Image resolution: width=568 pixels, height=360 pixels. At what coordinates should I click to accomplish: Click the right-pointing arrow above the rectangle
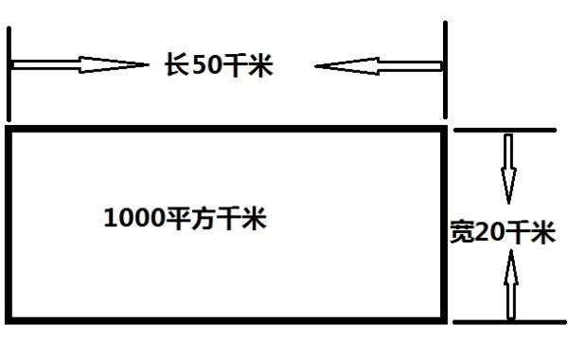[x=80, y=65]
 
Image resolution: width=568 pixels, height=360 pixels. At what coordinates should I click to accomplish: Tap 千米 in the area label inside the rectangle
[x=240, y=219]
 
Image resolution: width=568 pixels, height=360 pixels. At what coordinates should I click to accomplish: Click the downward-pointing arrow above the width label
[x=508, y=169]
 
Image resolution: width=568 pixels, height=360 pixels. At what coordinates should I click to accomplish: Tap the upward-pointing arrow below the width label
[x=512, y=284]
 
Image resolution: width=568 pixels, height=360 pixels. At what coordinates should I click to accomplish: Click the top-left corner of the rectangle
[x=9, y=129]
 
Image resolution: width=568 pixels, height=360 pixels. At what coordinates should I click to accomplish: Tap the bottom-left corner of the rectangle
[x=9, y=317]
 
